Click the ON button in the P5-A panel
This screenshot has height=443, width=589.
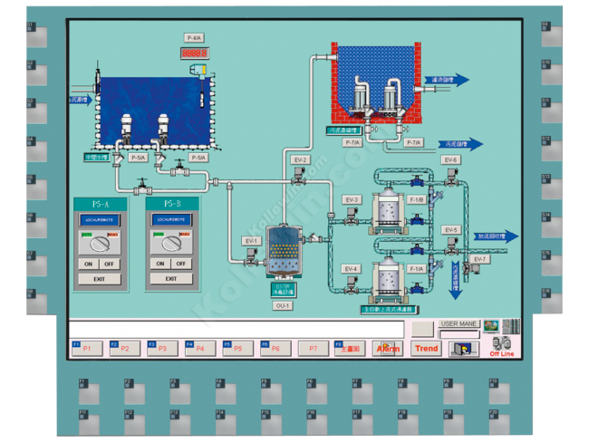[x=87, y=264]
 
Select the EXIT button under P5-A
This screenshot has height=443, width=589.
[x=98, y=279]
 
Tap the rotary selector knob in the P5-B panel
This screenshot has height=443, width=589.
[x=169, y=241]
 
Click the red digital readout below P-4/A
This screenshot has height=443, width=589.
[x=194, y=53]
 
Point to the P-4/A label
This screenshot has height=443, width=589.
[x=194, y=38]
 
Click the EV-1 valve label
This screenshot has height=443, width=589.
[x=251, y=241]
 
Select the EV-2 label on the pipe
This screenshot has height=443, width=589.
[x=300, y=159]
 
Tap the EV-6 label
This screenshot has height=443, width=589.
[x=451, y=159]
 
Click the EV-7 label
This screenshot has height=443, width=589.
[x=479, y=259]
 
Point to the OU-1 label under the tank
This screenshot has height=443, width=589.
[x=283, y=306]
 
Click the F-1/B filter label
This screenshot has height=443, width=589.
[x=417, y=199]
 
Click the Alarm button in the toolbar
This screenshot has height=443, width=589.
[x=388, y=348]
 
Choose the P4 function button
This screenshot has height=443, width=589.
[x=199, y=348]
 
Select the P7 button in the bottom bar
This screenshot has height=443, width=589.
[x=313, y=348]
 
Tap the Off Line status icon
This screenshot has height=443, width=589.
[x=501, y=348]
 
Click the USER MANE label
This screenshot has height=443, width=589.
[x=459, y=323]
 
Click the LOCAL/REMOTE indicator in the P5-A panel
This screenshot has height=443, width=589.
[x=98, y=220]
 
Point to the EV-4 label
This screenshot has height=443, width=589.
[x=352, y=269]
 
